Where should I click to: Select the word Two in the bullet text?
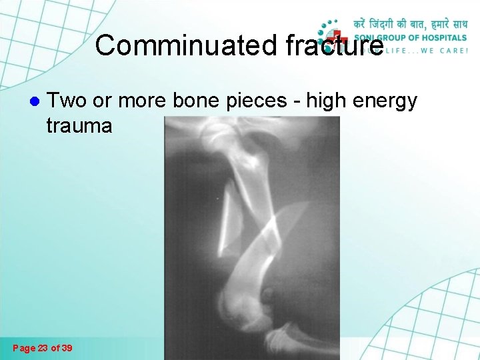(65, 101)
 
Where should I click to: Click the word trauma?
(79, 125)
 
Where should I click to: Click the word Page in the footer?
(24, 348)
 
